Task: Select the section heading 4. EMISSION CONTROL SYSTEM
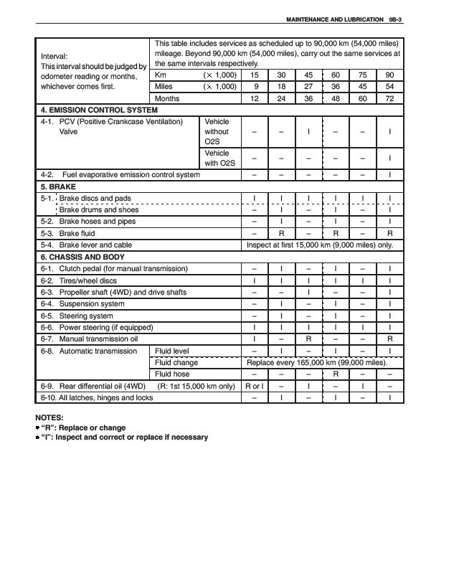pos(98,110)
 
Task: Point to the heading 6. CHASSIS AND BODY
pos(82,257)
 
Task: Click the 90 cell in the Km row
pos(389,75)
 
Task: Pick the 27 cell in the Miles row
pos(308,87)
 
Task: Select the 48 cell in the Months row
pos(335,98)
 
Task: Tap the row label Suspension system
pos(91,304)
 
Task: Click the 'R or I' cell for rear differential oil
pos(254,386)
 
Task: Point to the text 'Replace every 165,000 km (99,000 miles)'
pos(316,363)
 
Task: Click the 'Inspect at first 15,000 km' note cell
pos(320,245)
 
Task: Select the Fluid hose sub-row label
pos(173,374)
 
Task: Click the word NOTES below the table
pos(49,417)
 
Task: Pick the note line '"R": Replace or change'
pos(83,427)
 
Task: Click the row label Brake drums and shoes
pos(98,210)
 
